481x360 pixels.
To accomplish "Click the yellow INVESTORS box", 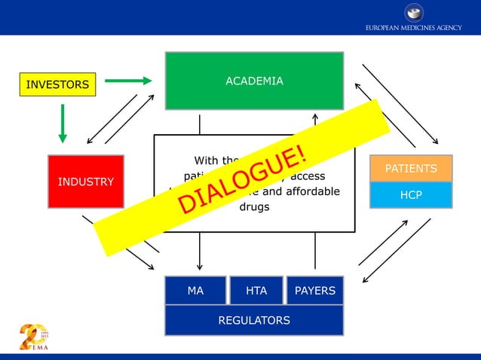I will tap(57, 84).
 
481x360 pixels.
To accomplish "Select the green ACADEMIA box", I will tap(254, 81).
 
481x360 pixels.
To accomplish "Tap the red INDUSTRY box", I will tap(85, 182).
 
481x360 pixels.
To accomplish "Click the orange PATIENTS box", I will tap(411, 168).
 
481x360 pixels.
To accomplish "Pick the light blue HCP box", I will tap(411, 194).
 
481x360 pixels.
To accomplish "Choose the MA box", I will tap(195, 291).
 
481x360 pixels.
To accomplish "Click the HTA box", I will tap(256, 291).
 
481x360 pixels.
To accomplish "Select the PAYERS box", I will tap(315, 291).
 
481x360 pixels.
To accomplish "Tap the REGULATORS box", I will tap(254, 320).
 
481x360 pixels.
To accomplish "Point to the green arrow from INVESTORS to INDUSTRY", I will tap(63, 123).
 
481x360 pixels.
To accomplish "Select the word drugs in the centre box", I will tap(254, 206).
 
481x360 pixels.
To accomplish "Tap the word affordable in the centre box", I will tap(309, 191).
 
